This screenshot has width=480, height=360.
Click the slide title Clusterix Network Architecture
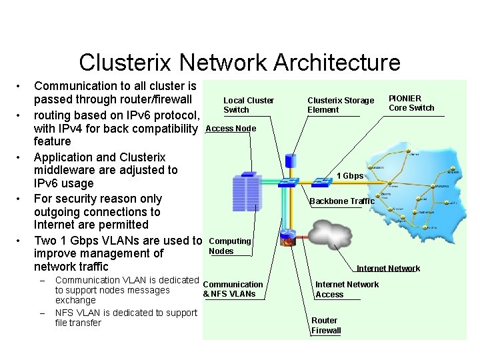(239, 63)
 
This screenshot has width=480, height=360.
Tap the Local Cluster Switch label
(248, 105)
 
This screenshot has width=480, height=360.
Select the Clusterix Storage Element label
(341, 105)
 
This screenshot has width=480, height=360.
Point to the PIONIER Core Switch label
(411, 103)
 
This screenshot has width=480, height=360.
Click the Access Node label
(231, 128)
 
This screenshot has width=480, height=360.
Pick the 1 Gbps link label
(350, 176)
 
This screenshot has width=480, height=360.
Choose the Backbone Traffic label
(342, 201)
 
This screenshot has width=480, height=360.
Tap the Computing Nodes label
(229, 246)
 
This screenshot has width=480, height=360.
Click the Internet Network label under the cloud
(388, 269)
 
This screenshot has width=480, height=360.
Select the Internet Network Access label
(347, 289)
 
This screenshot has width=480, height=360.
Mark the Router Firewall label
(326, 325)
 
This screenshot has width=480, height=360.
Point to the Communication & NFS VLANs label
(233, 289)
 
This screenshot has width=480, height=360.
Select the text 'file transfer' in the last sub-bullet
(78, 323)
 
